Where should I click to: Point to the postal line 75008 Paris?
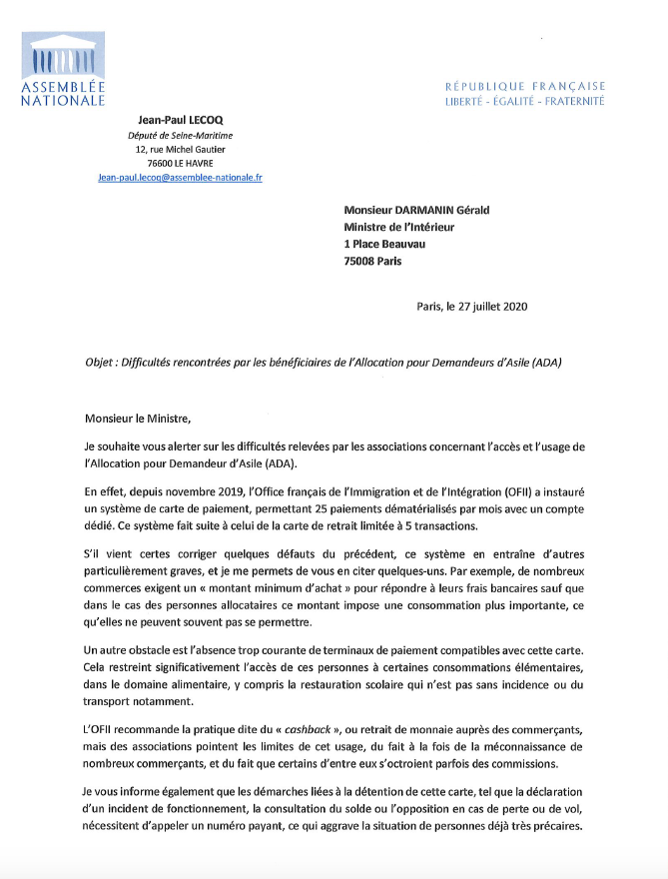[x=372, y=262]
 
